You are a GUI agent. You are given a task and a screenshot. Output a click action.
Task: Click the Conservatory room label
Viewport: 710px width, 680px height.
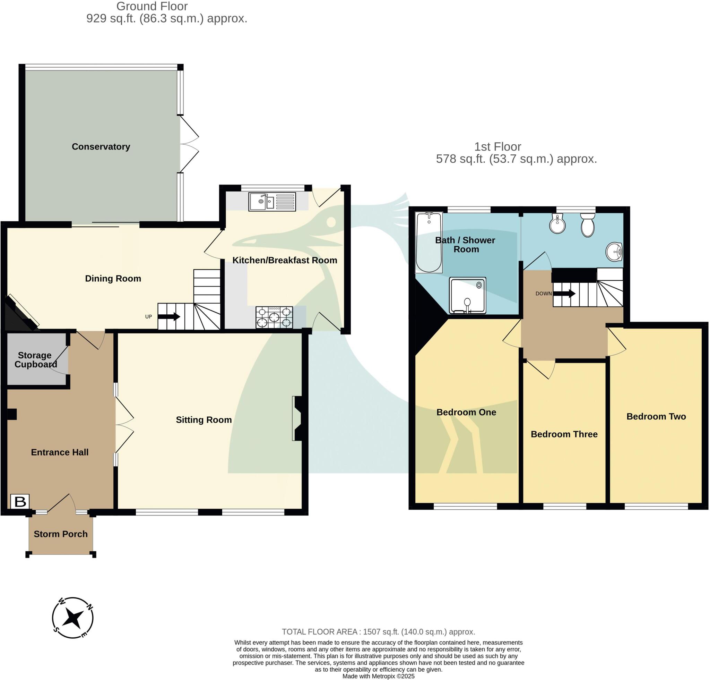pos(101,147)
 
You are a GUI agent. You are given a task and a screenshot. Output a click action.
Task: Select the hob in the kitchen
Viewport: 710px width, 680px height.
pos(274,317)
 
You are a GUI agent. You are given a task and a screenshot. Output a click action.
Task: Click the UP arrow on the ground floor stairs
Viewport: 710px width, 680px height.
pos(169,316)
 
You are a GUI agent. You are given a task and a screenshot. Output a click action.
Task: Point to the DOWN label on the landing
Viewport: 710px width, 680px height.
pos(543,294)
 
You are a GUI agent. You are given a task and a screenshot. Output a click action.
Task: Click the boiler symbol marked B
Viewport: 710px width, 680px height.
pos(20,502)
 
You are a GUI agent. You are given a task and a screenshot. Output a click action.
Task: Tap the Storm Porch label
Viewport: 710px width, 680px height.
pos(60,534)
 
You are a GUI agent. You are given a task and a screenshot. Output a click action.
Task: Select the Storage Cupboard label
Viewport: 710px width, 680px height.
pos(35,359)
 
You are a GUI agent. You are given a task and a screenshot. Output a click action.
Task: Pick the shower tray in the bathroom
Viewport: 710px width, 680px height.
pos(467,295)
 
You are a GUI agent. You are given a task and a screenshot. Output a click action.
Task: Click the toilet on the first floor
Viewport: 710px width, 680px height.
pos(587,225)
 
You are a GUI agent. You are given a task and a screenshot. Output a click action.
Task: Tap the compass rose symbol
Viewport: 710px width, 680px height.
pos(73,618)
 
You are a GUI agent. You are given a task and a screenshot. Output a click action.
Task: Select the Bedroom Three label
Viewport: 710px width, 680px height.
pos(564,434)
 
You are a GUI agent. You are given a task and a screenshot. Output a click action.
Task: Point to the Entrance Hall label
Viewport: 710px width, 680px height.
pos(60,452)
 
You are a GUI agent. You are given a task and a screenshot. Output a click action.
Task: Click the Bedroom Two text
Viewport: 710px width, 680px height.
pos(656,416)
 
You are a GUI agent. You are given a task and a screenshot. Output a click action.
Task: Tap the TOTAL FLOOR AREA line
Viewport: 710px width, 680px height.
pos(378,632)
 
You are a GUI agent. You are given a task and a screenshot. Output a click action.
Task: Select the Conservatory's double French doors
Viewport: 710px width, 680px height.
pos(189,144)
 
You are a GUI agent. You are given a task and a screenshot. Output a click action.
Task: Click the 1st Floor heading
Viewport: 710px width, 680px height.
pos(497,147)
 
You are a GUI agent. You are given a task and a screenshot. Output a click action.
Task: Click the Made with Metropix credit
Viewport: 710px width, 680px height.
pos(378,676)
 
